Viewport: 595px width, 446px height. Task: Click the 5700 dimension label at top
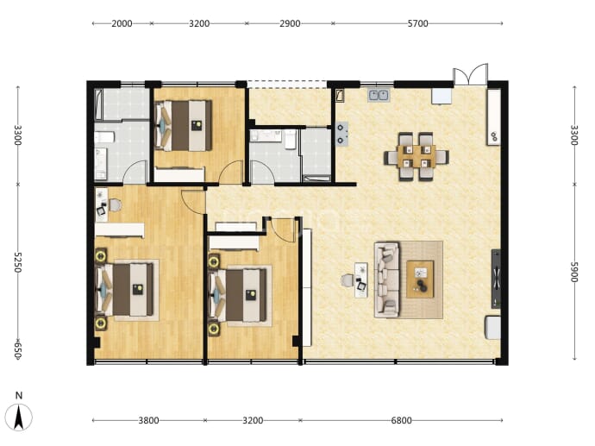(x=417, y=23)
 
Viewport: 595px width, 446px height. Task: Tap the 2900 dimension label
(x=290, y=23)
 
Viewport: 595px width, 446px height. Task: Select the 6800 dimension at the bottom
(x=401, y=421)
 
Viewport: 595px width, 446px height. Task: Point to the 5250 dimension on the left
(x=18, y=262)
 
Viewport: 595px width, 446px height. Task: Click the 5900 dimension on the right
(x=574, y=272)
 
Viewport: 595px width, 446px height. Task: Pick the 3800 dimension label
(x=148, y=421)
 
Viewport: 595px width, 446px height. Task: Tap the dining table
(x=416, y=156)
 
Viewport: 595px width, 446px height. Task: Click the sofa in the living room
(x=387, y=280)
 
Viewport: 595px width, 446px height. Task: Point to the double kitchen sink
(x=379, y=95)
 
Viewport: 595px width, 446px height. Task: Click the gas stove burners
(x=341, y=135)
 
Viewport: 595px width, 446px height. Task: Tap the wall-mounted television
(x=496, y=279)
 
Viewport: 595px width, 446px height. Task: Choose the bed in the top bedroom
(x=184, y=126)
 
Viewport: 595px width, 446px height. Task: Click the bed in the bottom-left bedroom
(x=125, y=290)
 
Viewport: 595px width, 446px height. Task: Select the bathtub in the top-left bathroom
(x=98, y=104)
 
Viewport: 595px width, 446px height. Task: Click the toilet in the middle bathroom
(x=291, y=139)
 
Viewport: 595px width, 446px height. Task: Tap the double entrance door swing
(x=471, y=74)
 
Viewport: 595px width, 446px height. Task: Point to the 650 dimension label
(x=18, y=349)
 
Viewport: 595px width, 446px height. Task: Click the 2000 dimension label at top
(x=122, y=23)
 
